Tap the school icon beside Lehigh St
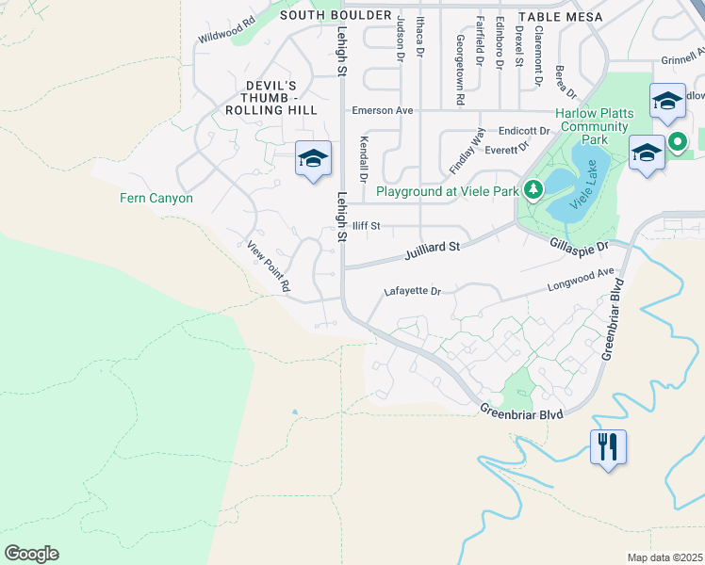point(313,158)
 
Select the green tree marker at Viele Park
point(533,191)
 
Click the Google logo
point(31,554)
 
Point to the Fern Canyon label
point(156,199)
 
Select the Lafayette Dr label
point(413,292)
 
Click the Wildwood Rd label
point(227,31)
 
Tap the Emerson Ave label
point(383,110)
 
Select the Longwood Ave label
point(582,280)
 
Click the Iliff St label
point(366,226)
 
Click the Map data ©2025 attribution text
point(664,557)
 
